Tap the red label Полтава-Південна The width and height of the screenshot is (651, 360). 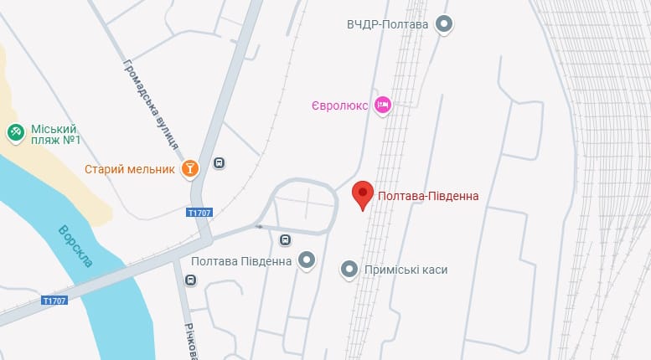(x=428, y=197)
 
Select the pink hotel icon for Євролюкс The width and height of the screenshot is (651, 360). (x=383, y=105)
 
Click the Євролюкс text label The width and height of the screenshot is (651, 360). (x=340, y=105)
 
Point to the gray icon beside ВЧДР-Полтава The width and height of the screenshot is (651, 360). (x=445, y=24)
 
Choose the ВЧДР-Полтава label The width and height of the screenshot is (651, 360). (x=387, y=24)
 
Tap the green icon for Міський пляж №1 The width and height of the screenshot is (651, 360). (x=15, y=131)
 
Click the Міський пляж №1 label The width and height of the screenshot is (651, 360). (x=54, y=135)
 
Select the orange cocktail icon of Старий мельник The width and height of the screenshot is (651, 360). (x=191, y=169)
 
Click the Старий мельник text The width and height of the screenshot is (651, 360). (x=130, y=169)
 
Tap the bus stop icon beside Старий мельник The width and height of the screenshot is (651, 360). (x=219, y=164)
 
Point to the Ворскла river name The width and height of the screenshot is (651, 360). (x=76, y=246)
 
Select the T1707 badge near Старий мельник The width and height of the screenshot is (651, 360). (x=199, y=213)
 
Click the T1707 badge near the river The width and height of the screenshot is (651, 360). (x=54, y=300)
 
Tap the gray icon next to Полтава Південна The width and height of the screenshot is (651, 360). (x=307, y=261)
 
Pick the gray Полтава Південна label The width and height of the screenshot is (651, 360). (x=241, y=261)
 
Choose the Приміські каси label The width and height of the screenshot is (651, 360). (x=406, y=270)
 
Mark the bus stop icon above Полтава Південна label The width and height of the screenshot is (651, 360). (x=285, y=240)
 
